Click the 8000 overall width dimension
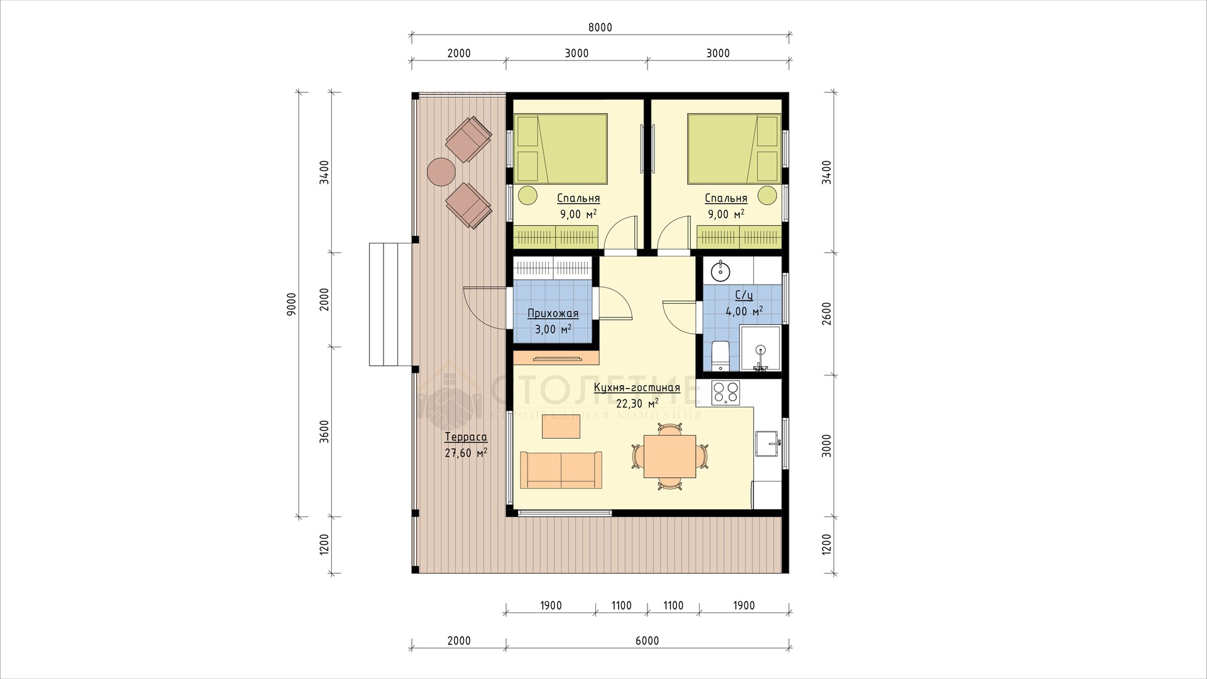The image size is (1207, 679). pos(600,28)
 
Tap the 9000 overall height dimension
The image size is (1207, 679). pos(290,304)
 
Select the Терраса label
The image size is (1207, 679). pos(466,438)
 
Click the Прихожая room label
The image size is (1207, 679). pos(553,314)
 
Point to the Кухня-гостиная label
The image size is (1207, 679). pos(637,387)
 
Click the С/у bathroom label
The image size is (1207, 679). pos(744,295)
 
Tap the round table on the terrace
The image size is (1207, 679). pos(441,171)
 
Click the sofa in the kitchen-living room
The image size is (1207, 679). pos(561,470)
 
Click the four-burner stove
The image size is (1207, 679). pos(725,393)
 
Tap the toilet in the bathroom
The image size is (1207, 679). pos(719,356)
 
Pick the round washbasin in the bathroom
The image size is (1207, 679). pos(720,272)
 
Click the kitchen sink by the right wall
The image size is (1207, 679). pos(768,443)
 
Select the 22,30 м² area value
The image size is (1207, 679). pos(637,403)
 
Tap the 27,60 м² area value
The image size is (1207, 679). pos(466,453)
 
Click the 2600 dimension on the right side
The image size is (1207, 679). pos(827,313)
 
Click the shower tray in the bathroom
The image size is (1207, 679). pos(760,348)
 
